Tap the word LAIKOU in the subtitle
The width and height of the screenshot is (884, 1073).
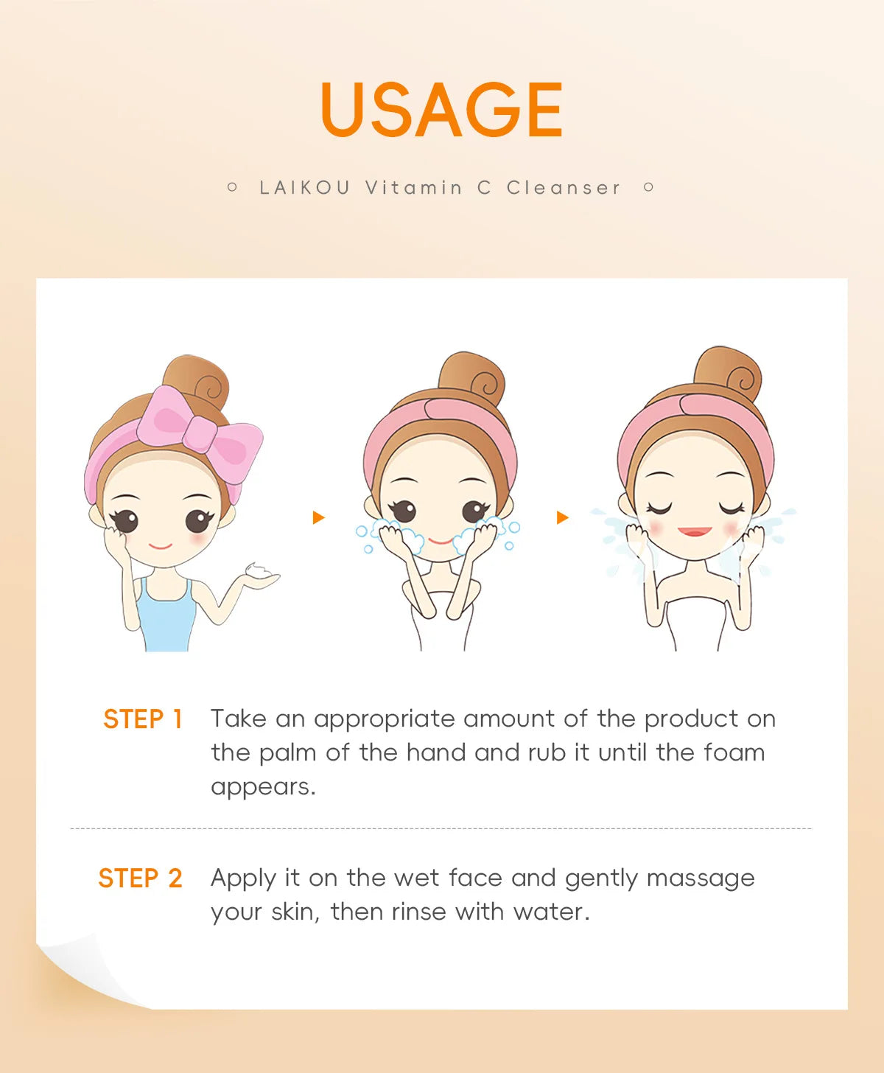(305, 188)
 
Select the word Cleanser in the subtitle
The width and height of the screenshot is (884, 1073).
(564, 188)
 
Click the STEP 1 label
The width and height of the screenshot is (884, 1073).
(142, 719)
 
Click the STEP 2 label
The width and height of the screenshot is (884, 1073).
(140, 878)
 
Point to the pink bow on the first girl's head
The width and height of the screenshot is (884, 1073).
(197, 431)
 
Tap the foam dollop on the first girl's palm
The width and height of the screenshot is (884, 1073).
(259, 572)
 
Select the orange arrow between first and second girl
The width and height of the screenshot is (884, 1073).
(318, 517)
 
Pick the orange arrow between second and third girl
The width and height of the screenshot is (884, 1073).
(562, 517)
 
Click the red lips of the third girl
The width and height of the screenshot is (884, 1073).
(695, 531)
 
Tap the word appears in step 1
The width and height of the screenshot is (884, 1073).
(262, 787)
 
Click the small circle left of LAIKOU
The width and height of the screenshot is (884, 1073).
(232, 187)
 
